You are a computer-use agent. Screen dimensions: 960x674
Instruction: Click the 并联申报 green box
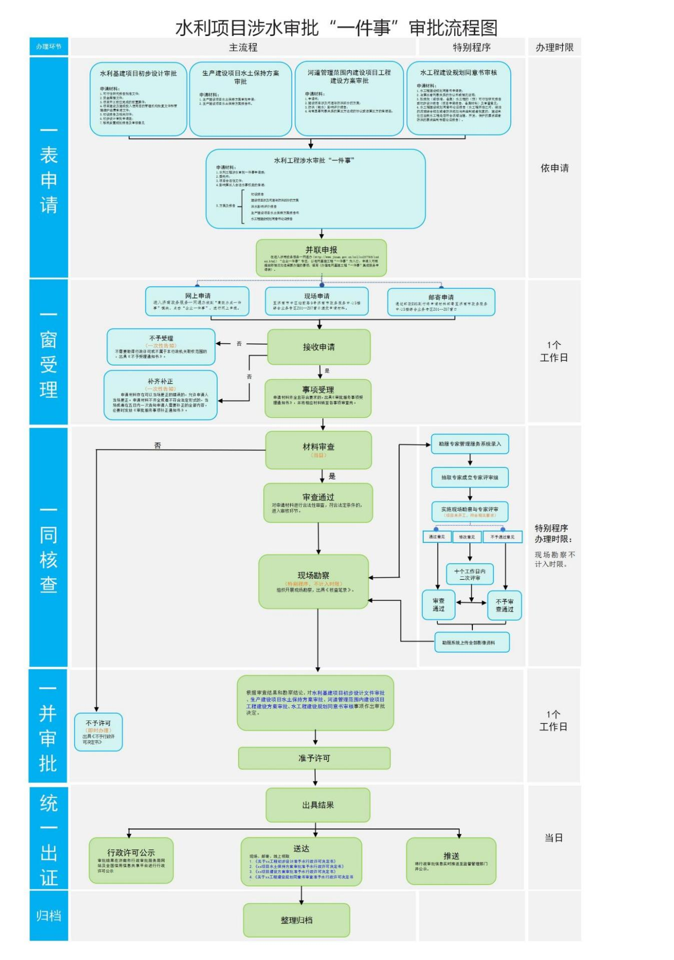(321, 258)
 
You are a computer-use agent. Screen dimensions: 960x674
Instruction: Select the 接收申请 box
(319, 347)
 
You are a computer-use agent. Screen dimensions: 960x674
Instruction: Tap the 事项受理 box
(318, 398)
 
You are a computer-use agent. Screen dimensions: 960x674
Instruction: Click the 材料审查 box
(318, 450)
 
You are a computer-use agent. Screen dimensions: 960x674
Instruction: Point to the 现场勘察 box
(314, 581)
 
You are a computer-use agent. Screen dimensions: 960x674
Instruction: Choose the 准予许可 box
(314, 758)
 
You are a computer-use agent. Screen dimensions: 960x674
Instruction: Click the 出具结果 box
(318, 805)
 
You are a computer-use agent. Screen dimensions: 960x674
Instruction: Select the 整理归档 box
(296, 920)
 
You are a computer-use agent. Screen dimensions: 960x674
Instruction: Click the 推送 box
(451, 861)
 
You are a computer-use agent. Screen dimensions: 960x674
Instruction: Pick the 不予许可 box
(98, 732)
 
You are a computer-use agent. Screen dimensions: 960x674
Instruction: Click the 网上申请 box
(197, 301)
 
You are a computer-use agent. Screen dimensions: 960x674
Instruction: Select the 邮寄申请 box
(441, 302)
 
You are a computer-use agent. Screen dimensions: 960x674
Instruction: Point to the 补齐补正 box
(161, 395)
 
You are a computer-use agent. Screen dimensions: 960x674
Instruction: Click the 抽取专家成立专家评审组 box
(469, 477)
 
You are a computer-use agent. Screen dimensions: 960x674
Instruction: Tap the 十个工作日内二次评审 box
(469, 574)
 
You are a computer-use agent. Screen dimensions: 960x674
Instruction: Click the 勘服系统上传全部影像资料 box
(471, 642)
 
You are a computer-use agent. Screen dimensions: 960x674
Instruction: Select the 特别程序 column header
(471, 48)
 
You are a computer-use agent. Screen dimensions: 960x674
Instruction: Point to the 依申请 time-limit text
(554, 168)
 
